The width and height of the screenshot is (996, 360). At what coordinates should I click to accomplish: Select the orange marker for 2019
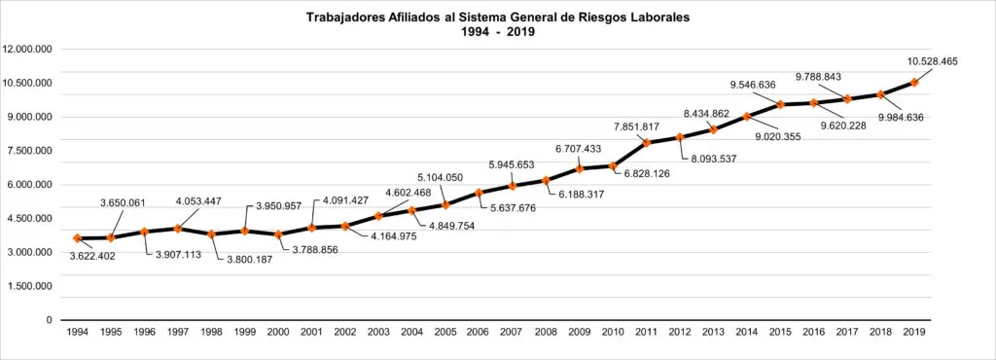click(x=914, y=83)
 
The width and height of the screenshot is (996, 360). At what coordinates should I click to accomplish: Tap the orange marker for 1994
click(x=77, y=238)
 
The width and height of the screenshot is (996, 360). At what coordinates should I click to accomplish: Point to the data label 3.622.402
click(x=98, y=256)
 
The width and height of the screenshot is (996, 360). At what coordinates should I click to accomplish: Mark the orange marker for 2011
click(x=646, y=143)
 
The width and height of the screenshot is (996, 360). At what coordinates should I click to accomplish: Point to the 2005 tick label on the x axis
click(x=445, y=332)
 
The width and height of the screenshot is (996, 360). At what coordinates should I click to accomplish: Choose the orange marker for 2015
click(x=780, y=104)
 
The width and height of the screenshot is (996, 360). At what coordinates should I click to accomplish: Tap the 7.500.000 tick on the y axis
click(x=29, y=151)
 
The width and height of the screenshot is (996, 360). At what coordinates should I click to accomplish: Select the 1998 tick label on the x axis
click(x=210, y=332)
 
